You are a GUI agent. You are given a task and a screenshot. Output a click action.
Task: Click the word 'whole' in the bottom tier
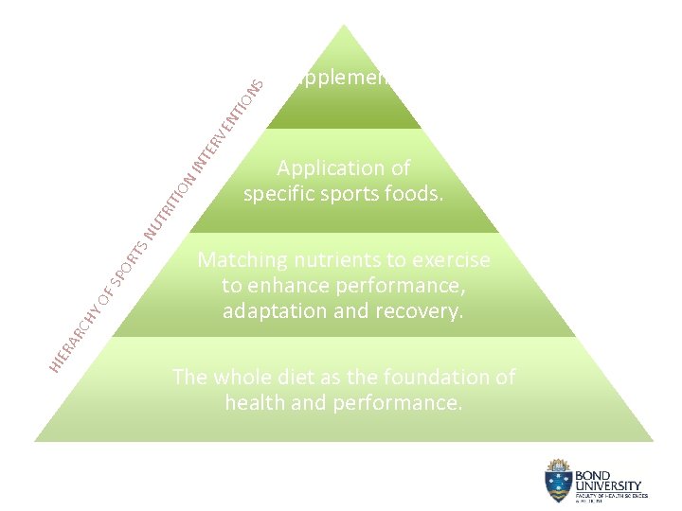(242, 378)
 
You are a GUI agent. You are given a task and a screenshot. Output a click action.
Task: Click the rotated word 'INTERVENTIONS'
(227, 124)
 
